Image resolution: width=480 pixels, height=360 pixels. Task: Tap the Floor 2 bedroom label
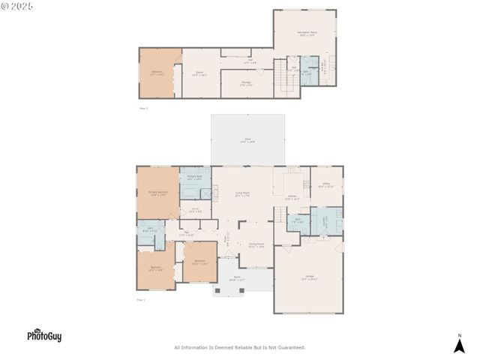coord(157,73)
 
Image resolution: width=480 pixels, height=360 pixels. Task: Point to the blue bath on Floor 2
coord(307,73)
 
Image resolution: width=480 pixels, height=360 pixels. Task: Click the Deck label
coord(247,139)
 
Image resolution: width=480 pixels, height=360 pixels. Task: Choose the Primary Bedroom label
coord(157,193)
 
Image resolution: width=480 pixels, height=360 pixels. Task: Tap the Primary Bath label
coord(194,178)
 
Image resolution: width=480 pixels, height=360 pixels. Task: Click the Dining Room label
coord(256,244)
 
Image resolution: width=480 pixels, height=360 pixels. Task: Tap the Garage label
coord(310,277)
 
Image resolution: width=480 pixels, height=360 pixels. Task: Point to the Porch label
coord(237,279)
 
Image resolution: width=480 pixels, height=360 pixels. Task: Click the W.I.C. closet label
coord(194,210)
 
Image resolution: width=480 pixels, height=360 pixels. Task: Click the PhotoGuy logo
coord(44,335)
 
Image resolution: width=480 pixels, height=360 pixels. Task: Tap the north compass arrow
coord(460,344)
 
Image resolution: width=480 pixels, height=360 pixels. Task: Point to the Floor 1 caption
coord(142,300)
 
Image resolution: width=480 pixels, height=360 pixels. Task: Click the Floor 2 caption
coord(143,108)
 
